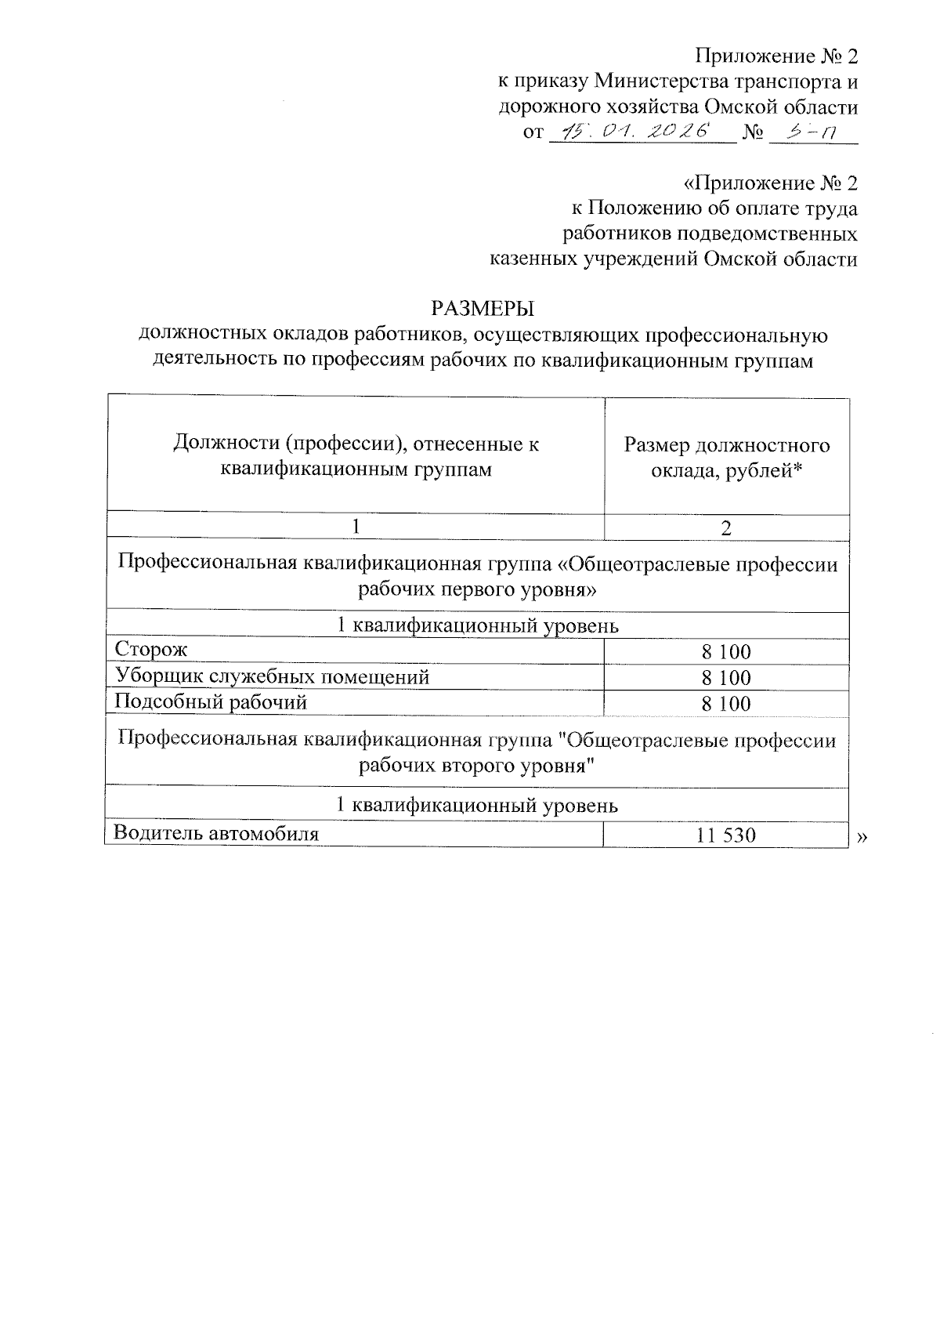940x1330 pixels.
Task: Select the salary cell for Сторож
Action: [726, 652]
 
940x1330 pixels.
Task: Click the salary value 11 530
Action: [726, 835]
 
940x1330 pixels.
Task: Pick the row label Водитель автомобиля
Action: [216, 832]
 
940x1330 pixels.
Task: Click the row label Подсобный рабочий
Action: [210, 702]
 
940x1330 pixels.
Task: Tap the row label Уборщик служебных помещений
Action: [272, 676]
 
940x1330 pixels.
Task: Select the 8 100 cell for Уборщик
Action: [726, 678]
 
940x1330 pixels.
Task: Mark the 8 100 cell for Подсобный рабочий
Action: [726, 704]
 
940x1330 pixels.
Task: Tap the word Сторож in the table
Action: [151, 650]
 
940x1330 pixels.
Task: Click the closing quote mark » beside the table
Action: [862, 838]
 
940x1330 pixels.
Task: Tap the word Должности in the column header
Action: [225, 445]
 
